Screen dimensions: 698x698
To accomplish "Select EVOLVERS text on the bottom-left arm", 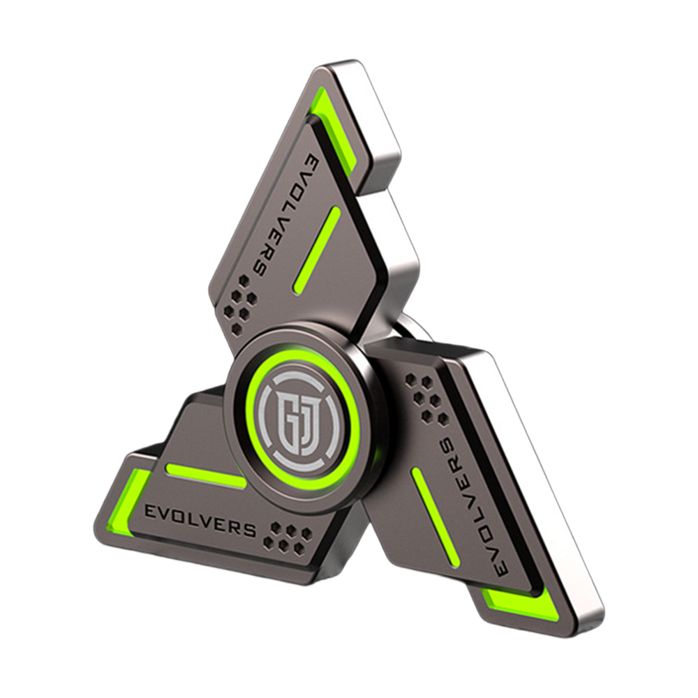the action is tap(200, 520).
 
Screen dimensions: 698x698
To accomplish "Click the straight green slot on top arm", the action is tap(317, 251).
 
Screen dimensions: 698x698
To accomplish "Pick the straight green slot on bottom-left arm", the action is tap(206, 475).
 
